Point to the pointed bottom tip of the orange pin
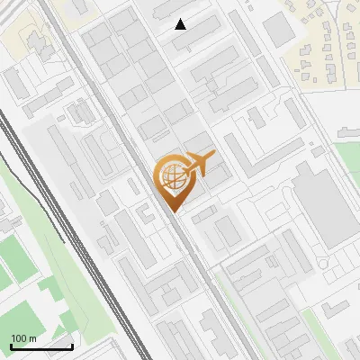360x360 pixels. (x=171, y=212)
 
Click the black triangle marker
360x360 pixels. (x=181, y=24)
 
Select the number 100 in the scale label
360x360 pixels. (x=19, y=338)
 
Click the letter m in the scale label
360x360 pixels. (x=32, y=338)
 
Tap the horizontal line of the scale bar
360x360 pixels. (x=41, y=346)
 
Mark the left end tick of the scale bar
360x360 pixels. (x=12, y=345)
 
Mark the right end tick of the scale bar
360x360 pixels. (x=72, y=345)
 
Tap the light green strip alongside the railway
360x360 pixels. (x=72, y=270)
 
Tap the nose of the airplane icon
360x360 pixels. (x=215, y=156)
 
